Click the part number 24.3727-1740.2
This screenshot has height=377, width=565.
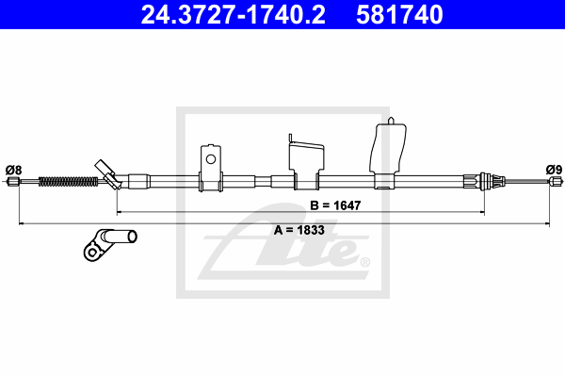click(233, 14)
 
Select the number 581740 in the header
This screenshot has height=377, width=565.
click(399, 14)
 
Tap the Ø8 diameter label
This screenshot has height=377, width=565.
click(14, 170)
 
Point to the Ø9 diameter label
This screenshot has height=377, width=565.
click(554, 170)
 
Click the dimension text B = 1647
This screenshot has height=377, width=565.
click(335, 205)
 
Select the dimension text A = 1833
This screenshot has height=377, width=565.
click(299, 230)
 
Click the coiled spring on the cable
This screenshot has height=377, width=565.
click(68, 181)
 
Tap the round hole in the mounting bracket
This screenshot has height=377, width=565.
click(210, 159)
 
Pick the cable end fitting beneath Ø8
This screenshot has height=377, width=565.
click(13, 181)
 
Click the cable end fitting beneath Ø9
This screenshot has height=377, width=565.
click(555, 181)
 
